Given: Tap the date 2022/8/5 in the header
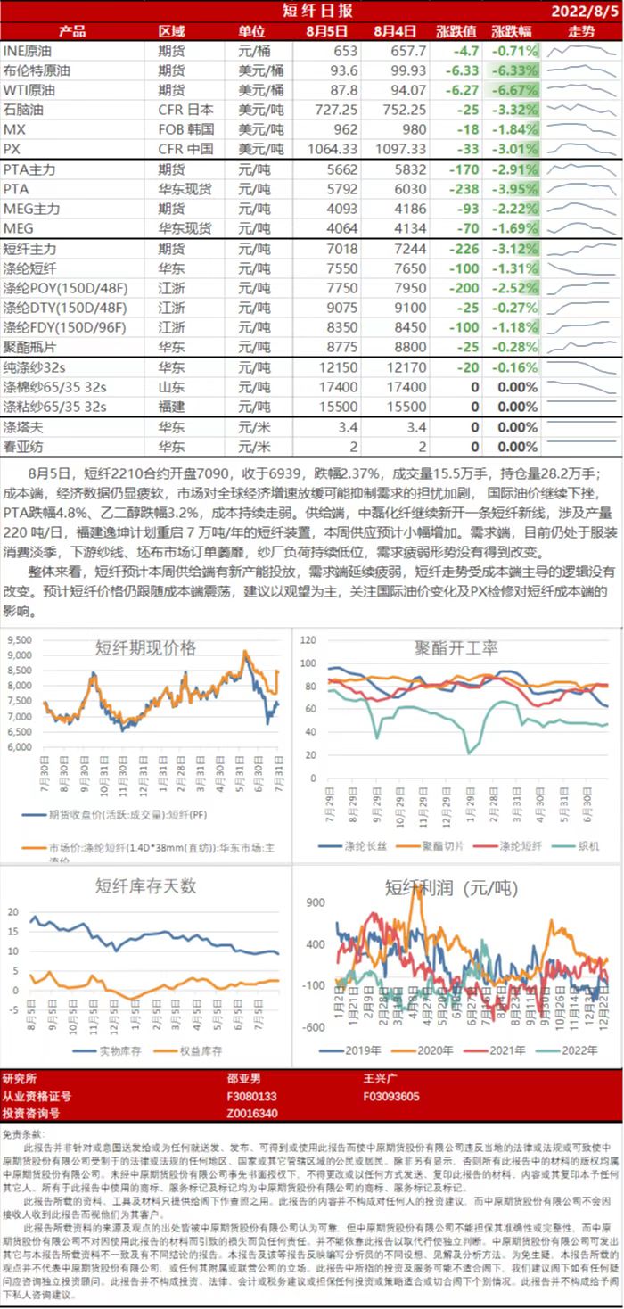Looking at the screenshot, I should coord(584,11).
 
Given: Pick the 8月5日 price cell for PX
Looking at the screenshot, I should coord(329,148).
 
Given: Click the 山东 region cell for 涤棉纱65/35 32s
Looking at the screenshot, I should coord(171,387).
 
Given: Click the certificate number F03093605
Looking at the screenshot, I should coord(391,1096).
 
